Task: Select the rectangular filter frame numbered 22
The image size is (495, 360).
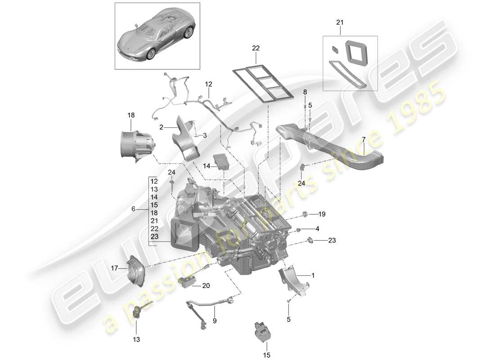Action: click(264, 85)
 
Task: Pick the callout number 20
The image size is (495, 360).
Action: click(206, 286)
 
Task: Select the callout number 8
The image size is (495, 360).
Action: click(305, 92)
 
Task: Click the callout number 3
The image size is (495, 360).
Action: click(205, 135)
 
